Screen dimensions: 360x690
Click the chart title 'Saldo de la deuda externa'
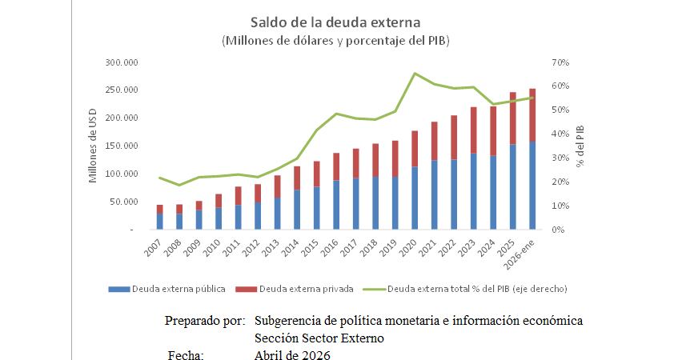point(335,22)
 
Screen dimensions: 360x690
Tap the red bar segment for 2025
point(513,118)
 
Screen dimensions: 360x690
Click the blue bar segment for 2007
point(159,222)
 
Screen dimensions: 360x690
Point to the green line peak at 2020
point(415,74)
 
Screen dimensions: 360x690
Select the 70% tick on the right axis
point(559,62)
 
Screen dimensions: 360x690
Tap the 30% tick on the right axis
point(559,158)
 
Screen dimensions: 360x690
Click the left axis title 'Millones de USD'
point(94,146)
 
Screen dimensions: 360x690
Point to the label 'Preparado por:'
point(204,321)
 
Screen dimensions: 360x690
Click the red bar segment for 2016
point(336,166)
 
